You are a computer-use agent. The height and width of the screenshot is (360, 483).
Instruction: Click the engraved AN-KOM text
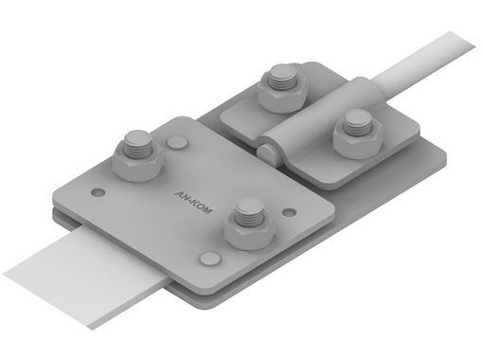tap(193, 202)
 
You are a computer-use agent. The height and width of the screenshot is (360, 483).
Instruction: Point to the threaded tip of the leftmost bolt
tap(137, 144)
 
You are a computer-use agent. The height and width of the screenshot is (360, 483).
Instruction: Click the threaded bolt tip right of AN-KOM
tap(250, 211)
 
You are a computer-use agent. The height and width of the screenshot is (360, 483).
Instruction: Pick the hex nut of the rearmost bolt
tap(281, 95)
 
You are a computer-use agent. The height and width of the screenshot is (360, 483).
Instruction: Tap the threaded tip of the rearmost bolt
tap(283, 77)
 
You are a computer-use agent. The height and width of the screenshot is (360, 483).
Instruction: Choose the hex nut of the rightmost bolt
tap(358, 140)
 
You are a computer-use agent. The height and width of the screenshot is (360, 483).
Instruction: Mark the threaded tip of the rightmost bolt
tap(357, 122)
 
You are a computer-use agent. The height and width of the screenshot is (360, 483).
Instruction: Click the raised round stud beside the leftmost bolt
tap(177, 142)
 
